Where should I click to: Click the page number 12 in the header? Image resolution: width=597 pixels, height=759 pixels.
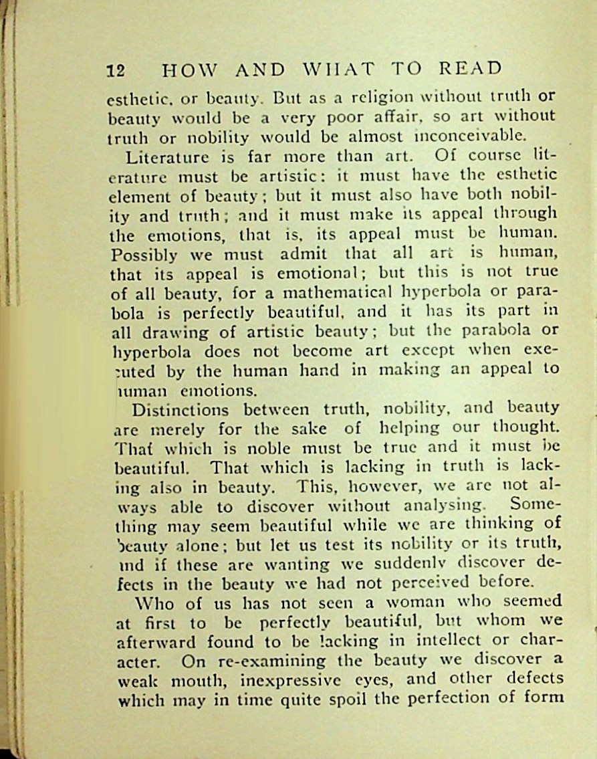tap(116, 70)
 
